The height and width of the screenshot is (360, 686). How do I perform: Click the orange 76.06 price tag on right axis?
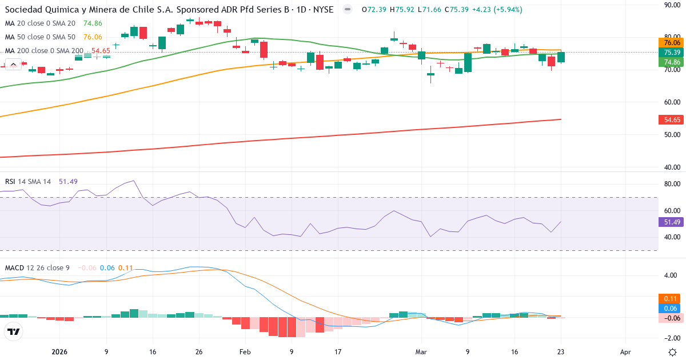[x=672, y=42]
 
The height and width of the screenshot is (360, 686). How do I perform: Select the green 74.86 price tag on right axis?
[x=672, y=62]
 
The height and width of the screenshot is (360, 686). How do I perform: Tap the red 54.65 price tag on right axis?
[x=672, y=120]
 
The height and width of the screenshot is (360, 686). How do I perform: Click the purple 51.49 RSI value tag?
[x=672, y=222]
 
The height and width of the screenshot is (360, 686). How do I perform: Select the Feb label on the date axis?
[x=245, y=352]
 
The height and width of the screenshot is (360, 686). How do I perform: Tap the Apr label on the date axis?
[x=625, y=352]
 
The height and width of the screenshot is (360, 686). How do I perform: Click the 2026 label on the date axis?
[x=59, y=352]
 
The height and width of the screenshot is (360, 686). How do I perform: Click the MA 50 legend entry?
[x=40, y=37]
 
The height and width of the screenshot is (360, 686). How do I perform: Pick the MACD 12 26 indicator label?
[x=38, y=267]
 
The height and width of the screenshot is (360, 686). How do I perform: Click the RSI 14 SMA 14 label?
[x=28, y=182]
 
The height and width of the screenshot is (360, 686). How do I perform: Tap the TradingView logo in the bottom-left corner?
[x=13, y=331]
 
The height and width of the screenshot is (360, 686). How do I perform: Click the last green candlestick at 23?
[x=561, y=57]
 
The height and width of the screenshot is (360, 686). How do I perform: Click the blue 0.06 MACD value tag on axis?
[x=672, y=308]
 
